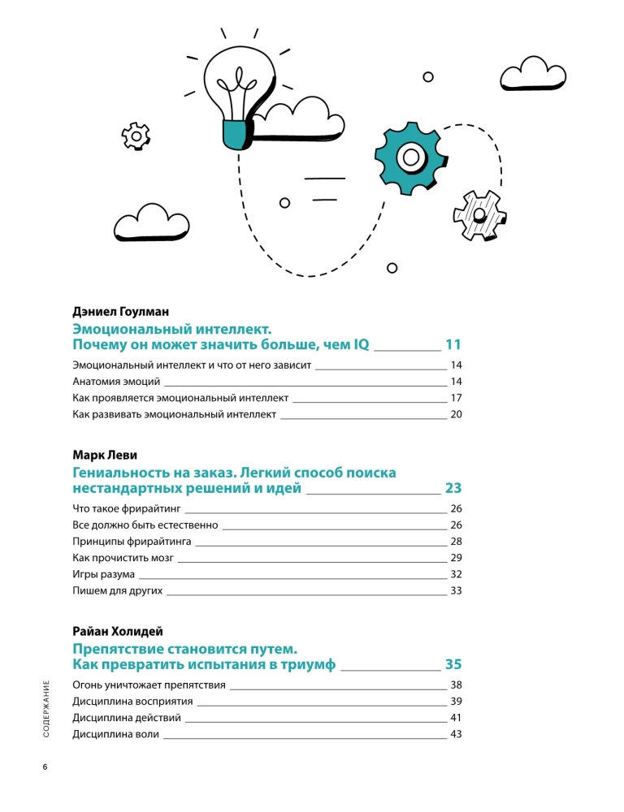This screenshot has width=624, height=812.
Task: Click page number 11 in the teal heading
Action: pyautogui.click(x=453, y=344)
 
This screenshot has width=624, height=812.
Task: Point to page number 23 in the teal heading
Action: pyautogui.click(x=453, y=488)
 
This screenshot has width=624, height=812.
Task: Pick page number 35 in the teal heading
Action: pyautogui.click(x=453, y=665)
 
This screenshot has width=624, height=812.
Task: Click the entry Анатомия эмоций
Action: pyautogui.click(x=117, y=382)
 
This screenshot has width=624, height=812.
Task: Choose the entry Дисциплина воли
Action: pyautogui.click(x=115, y=735)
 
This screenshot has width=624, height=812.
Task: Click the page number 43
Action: pyautogui.click(x=456, y=735)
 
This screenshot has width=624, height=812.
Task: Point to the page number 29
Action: pyautogui.click(x=456, y=558)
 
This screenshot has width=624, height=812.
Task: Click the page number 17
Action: pyautogui.click(x=456, y=398)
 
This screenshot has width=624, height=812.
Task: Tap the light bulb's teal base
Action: pyautogui.click(x=235, y=134)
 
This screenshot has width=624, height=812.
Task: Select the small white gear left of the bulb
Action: pyautogui.click(x=135, y=136)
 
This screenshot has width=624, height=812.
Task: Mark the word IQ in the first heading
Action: pyautogui.click(x=360, y=344)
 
